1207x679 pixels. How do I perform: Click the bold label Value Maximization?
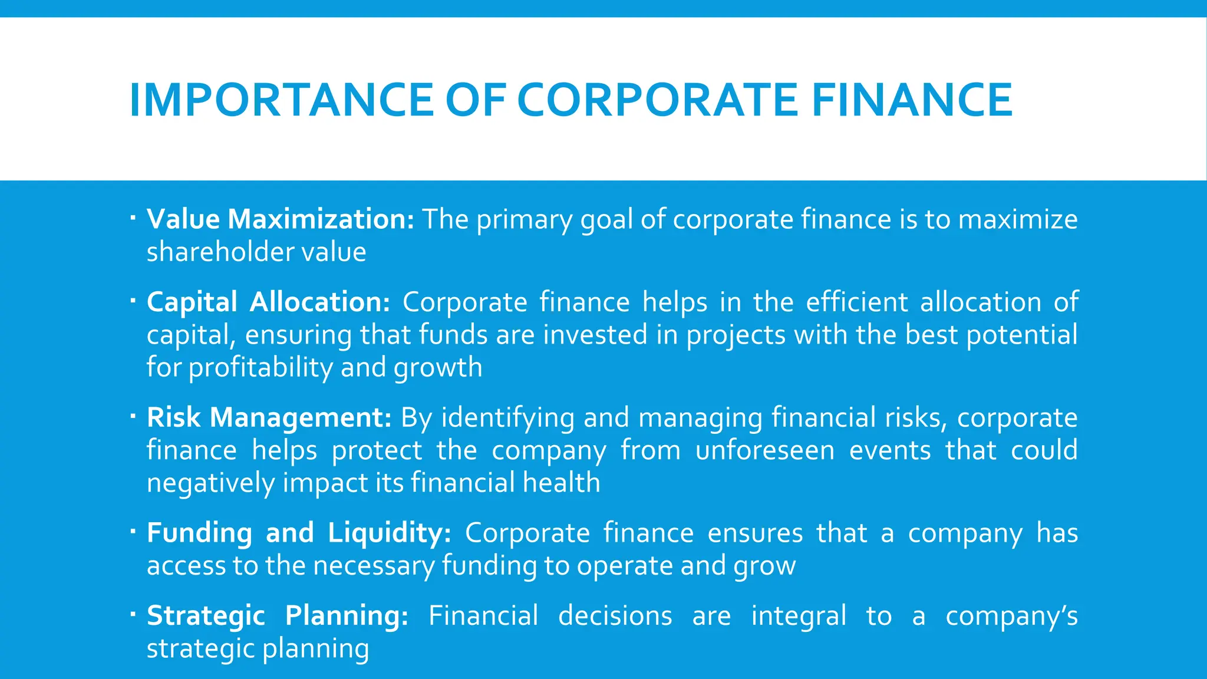[x=281, y=219]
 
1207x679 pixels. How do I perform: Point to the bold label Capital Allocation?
[x=268, y=302]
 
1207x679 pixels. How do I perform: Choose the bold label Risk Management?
[x=269, y=417]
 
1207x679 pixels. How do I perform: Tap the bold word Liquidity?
[x=390, y=533]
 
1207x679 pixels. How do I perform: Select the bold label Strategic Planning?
[x=278, y=615]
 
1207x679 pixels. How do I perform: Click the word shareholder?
[x=220, y=252]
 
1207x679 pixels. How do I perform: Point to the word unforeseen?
[x=765, y=450]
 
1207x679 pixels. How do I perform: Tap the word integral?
[x=799, y=615]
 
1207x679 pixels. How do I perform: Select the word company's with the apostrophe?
[x=1011, y=617]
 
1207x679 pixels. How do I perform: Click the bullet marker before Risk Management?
[x=133, y=417]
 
